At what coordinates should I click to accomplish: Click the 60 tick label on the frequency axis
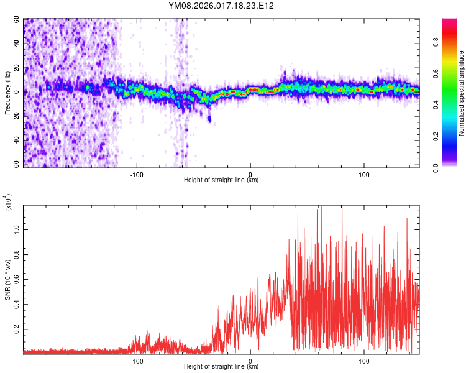coord(17,20)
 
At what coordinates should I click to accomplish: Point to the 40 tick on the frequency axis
coord(17,44)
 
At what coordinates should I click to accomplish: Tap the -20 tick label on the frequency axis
coord(16,116)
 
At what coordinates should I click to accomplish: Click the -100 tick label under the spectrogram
coord(137,175)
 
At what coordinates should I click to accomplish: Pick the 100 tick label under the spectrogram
coord(363,175)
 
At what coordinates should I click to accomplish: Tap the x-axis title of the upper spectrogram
coord(221,180)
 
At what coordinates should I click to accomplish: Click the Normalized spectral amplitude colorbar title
coord(462,93)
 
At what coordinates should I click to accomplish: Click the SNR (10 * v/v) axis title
coord(7,280)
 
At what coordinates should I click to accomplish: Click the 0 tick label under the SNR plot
coord(250,360)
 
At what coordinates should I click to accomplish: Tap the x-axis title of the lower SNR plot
coord(221,366)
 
